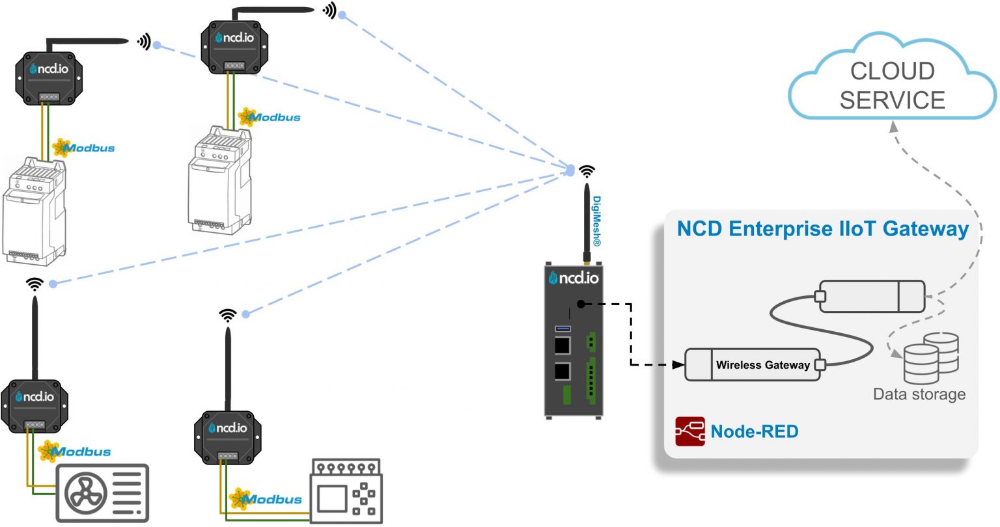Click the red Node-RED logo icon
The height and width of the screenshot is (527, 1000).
(x=689, y=431)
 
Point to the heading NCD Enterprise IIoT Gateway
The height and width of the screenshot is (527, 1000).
(x=822, y=229)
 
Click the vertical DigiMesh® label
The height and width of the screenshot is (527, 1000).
(x=596, y=221)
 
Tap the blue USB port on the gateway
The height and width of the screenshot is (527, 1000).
(x=562, y=329)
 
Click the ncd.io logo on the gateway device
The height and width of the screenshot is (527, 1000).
(x=574, y=278)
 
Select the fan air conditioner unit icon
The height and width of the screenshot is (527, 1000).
(x=102, y=493)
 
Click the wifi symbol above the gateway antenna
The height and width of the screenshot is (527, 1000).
(x=587, y=171)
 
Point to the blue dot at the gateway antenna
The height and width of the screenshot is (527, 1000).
(x=570, y=170)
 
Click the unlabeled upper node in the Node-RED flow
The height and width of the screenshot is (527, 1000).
(x=871, y=297)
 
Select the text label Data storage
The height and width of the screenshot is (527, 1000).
(x=919, y=394)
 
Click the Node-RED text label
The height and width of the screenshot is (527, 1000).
(x=754, y=431)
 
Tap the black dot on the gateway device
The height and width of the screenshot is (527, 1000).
(x=580, y=304)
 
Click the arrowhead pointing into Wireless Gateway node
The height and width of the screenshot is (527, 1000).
(x=679, y=365)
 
